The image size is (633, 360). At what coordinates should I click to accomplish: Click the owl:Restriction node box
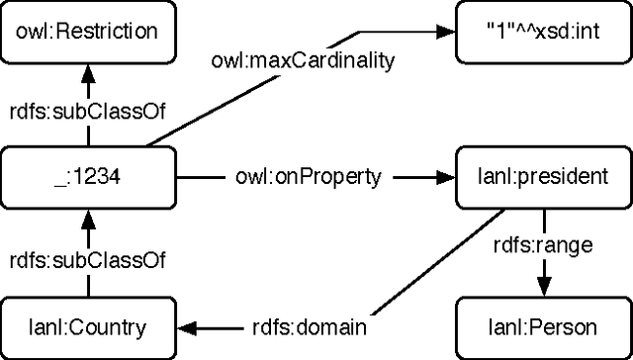(88, 31)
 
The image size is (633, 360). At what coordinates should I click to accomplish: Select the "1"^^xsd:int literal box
(543, 31)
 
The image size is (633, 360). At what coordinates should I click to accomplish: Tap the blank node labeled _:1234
(88, 178)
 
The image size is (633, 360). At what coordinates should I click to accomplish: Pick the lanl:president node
(543, 178)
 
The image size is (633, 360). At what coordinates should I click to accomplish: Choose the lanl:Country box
(88, 326)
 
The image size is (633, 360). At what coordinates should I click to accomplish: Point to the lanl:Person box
(543, 326)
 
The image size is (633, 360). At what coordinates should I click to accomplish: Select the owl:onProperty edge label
(309, 178)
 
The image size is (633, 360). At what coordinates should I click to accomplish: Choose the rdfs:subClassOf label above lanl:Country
(88, 260)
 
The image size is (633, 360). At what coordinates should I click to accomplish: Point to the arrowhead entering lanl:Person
(543, 289)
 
